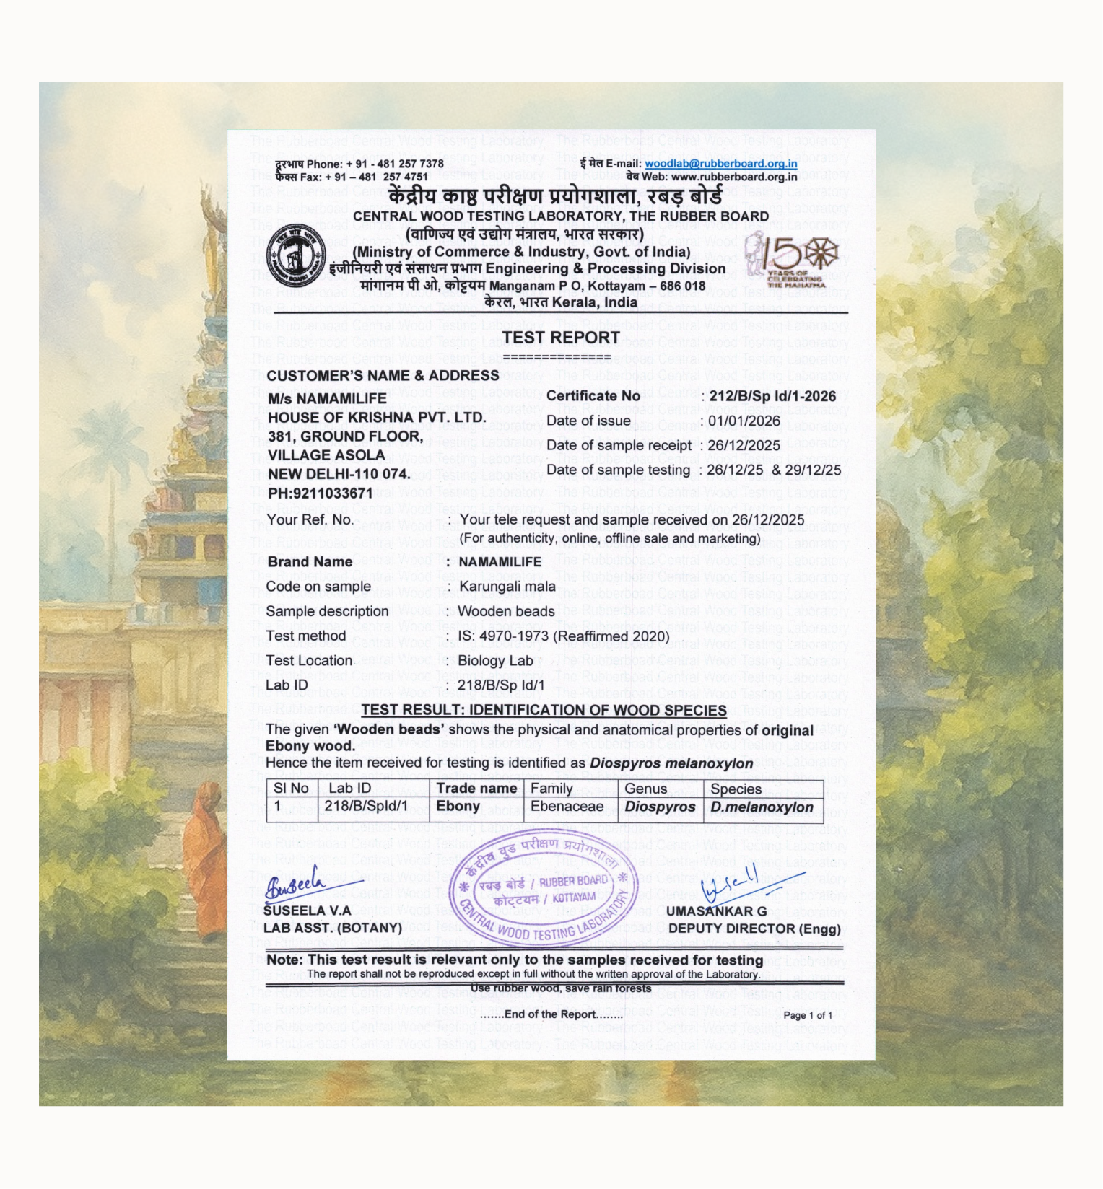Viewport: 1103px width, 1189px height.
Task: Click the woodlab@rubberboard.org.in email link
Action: tap(720, 164)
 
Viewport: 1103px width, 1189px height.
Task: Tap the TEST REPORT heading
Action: tap(561, 338)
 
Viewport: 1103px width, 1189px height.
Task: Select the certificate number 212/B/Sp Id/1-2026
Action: tap(772, 396)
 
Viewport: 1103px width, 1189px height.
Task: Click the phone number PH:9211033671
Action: tap(321, 493)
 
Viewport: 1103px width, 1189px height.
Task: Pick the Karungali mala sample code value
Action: tap(507, 587)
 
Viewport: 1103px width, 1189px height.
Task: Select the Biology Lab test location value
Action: tap(495, 661)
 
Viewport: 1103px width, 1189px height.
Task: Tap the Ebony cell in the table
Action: tap(458, 807)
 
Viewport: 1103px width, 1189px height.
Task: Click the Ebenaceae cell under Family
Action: tap(567, 807)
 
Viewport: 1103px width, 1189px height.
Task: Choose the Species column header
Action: tap(736, 789)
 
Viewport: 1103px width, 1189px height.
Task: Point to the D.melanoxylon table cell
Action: tap(762, 807)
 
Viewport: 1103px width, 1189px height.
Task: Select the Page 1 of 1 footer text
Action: tap(808, 1015)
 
